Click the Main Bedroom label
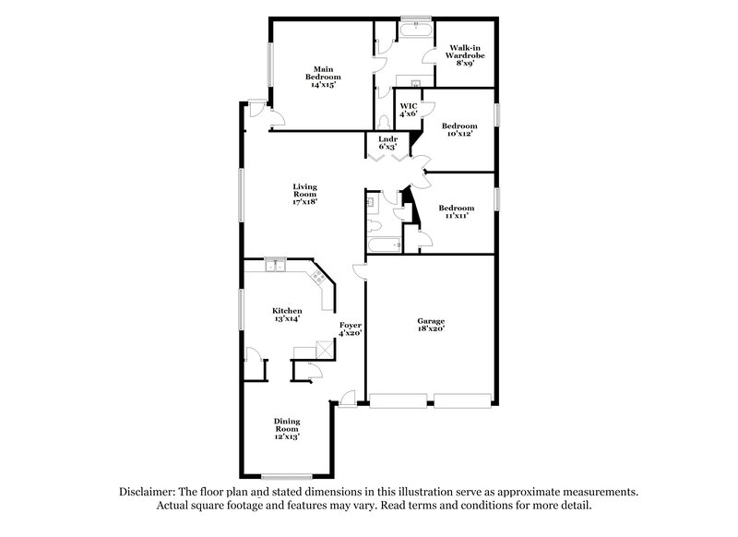322,76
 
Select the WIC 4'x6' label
409,109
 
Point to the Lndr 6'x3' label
387,143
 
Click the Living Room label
304,195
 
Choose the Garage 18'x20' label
430,323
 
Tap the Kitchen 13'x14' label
286,315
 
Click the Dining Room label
287,429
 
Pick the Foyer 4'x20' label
351,330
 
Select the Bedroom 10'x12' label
458,129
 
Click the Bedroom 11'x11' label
456,211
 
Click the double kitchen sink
275,268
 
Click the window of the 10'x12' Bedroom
496,113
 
